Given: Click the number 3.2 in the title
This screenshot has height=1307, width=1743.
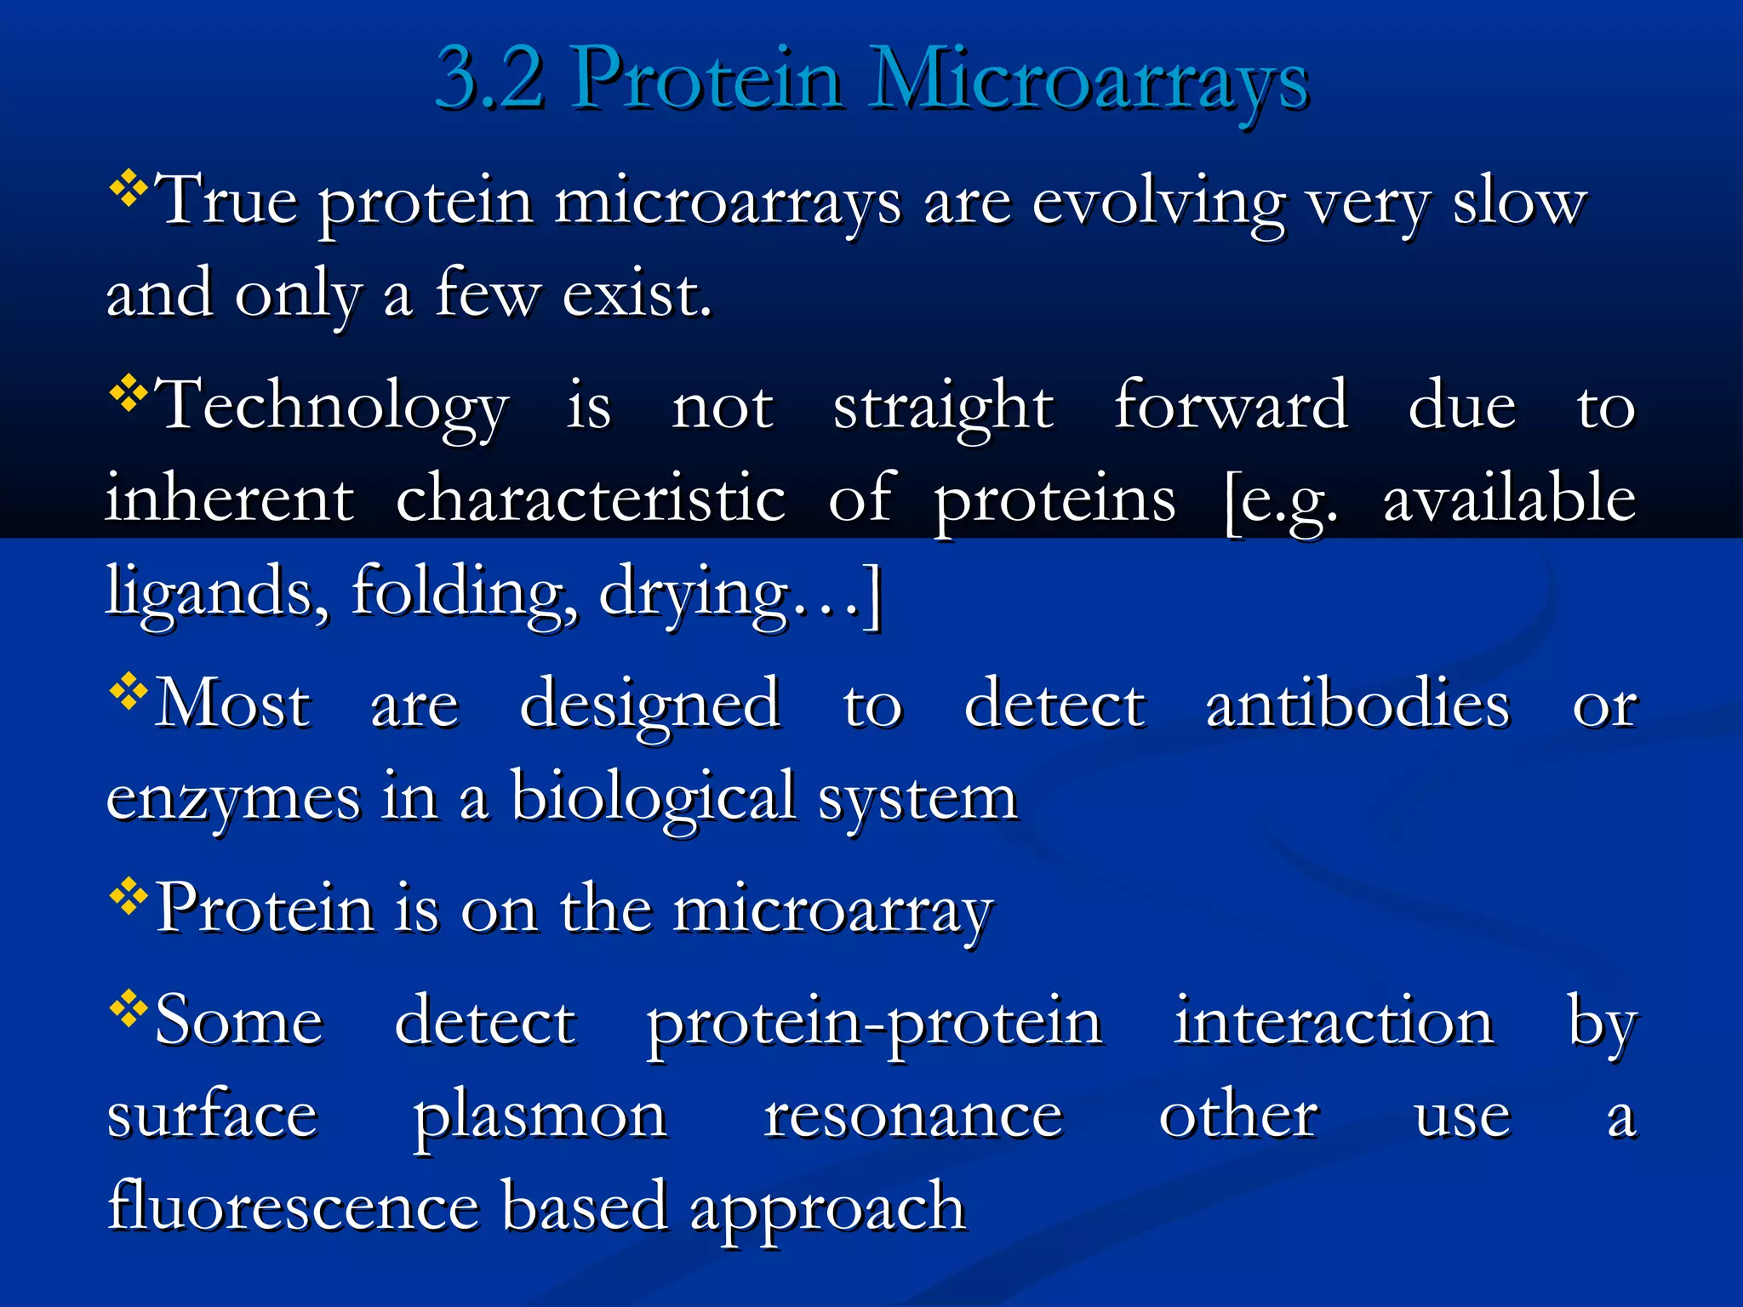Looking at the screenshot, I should pyautogui.click(x=490, y=79).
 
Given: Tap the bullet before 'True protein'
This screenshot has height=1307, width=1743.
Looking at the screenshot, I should pyautogui.click(x=129, y=188).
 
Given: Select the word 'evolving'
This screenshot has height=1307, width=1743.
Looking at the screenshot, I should pyautogui.click(x=1158, y=204).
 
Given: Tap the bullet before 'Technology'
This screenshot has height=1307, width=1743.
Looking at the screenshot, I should pyautogui.click(x=129, y=392).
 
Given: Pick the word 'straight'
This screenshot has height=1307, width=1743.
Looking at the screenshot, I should pyautogui.click(x=943, y=407).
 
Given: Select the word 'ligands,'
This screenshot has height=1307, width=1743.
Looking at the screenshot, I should pyautogui.click(x=217, y=592).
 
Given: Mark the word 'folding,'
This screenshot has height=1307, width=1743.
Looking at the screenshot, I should pyautogui.click(x=465, y=592).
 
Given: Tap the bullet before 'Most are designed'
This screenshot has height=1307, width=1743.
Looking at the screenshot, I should pyautogui.click(x=129, y=691).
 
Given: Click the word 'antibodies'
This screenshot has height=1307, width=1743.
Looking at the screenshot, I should pyautogui.click(x=1357, y=705).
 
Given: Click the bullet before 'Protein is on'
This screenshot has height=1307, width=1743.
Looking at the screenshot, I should pyautogui.click(x=129, y=895).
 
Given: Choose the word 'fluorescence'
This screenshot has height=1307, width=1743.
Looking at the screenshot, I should pyautogui.click(x=294, y=1207).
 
